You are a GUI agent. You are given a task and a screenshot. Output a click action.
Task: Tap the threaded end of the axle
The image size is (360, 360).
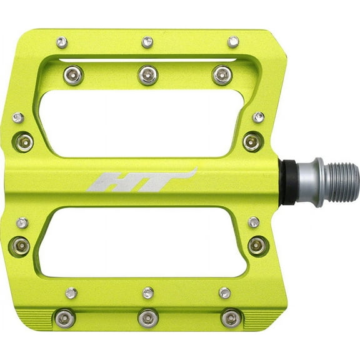(341, 182)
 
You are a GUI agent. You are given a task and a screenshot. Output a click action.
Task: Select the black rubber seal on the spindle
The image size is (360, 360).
(289, 182)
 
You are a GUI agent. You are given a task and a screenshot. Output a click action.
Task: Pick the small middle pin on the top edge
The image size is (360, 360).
(147, 42)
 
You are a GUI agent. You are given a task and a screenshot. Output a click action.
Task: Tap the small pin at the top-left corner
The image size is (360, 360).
(62, 42)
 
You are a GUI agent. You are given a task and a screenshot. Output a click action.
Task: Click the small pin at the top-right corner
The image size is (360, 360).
(233, 42)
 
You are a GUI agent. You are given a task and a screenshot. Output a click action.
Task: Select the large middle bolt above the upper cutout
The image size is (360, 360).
(147, 75)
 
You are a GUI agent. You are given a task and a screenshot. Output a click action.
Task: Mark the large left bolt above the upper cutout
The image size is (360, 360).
(74, 76)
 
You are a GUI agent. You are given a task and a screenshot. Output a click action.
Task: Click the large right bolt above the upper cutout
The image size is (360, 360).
(222, 75)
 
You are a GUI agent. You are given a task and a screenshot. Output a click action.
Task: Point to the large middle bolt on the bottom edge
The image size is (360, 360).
(147, 317)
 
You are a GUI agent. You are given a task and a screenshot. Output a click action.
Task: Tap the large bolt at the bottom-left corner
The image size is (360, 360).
(65, 318)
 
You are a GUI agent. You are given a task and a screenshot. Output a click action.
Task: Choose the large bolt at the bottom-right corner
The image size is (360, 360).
(231, 317)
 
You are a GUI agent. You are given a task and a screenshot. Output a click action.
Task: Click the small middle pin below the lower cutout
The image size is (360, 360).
(147, 292)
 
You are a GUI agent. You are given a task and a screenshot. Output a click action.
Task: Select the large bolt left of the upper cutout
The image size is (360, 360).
(23, 141)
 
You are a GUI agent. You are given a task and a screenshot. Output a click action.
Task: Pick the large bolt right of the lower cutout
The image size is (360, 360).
(258, 245)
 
